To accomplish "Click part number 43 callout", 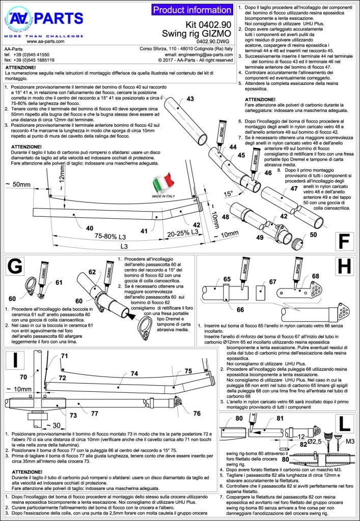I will [x=190, y=99].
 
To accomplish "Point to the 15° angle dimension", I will [x=230, y=194].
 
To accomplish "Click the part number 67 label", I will [x=272, y=281].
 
